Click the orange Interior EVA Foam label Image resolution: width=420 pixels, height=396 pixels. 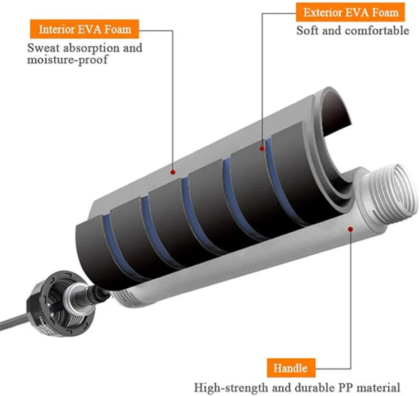(85, 29)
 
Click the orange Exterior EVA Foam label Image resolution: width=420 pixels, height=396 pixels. (351, 12)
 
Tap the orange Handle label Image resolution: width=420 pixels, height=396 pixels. (291, 368)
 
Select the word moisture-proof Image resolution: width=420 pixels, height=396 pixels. (67, 59)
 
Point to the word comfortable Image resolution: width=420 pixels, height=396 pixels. (377, 31)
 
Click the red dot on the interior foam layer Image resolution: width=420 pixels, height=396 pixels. (173, 172)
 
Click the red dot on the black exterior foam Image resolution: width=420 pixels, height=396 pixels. (262, 149)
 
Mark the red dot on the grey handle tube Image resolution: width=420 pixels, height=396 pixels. (351, 229)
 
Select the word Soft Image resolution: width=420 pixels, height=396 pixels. (307, 30)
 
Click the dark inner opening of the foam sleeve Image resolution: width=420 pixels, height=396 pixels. (335, 113)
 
